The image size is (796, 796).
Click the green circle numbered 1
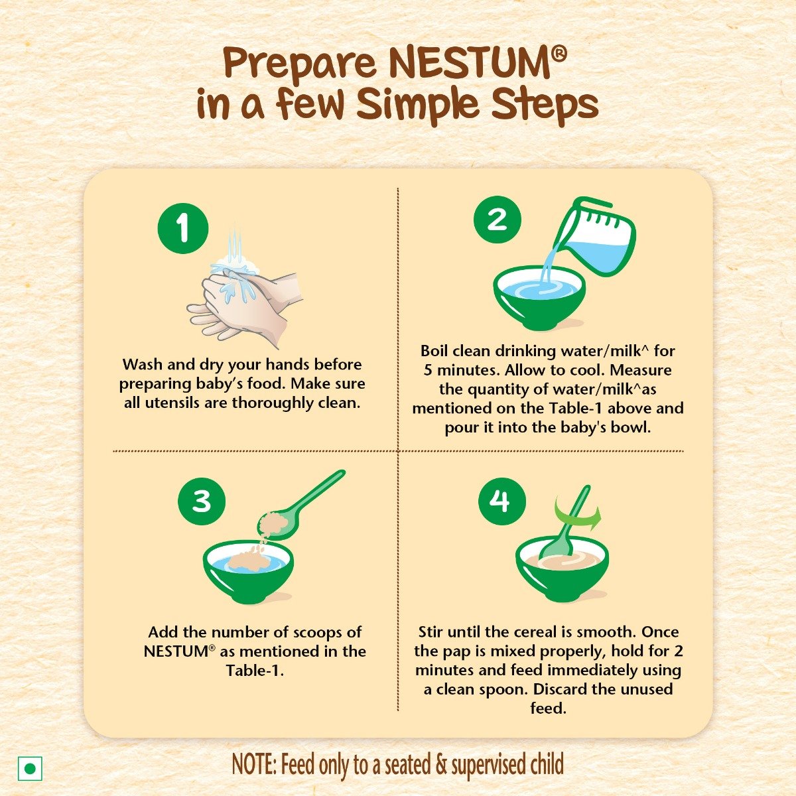(183, 230)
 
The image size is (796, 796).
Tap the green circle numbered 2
(497, 220)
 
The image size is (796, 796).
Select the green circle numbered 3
(202, 501)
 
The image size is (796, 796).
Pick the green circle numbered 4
(502, 501)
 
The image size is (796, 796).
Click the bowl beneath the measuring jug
(539, 297)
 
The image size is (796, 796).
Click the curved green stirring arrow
(577, 514)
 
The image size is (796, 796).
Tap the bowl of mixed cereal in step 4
(561, 570)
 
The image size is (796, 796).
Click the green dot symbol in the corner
(30, 769)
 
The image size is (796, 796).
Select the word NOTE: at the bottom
(254, 765)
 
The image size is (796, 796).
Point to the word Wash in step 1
(142, 364)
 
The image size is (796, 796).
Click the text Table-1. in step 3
(255, 670)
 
